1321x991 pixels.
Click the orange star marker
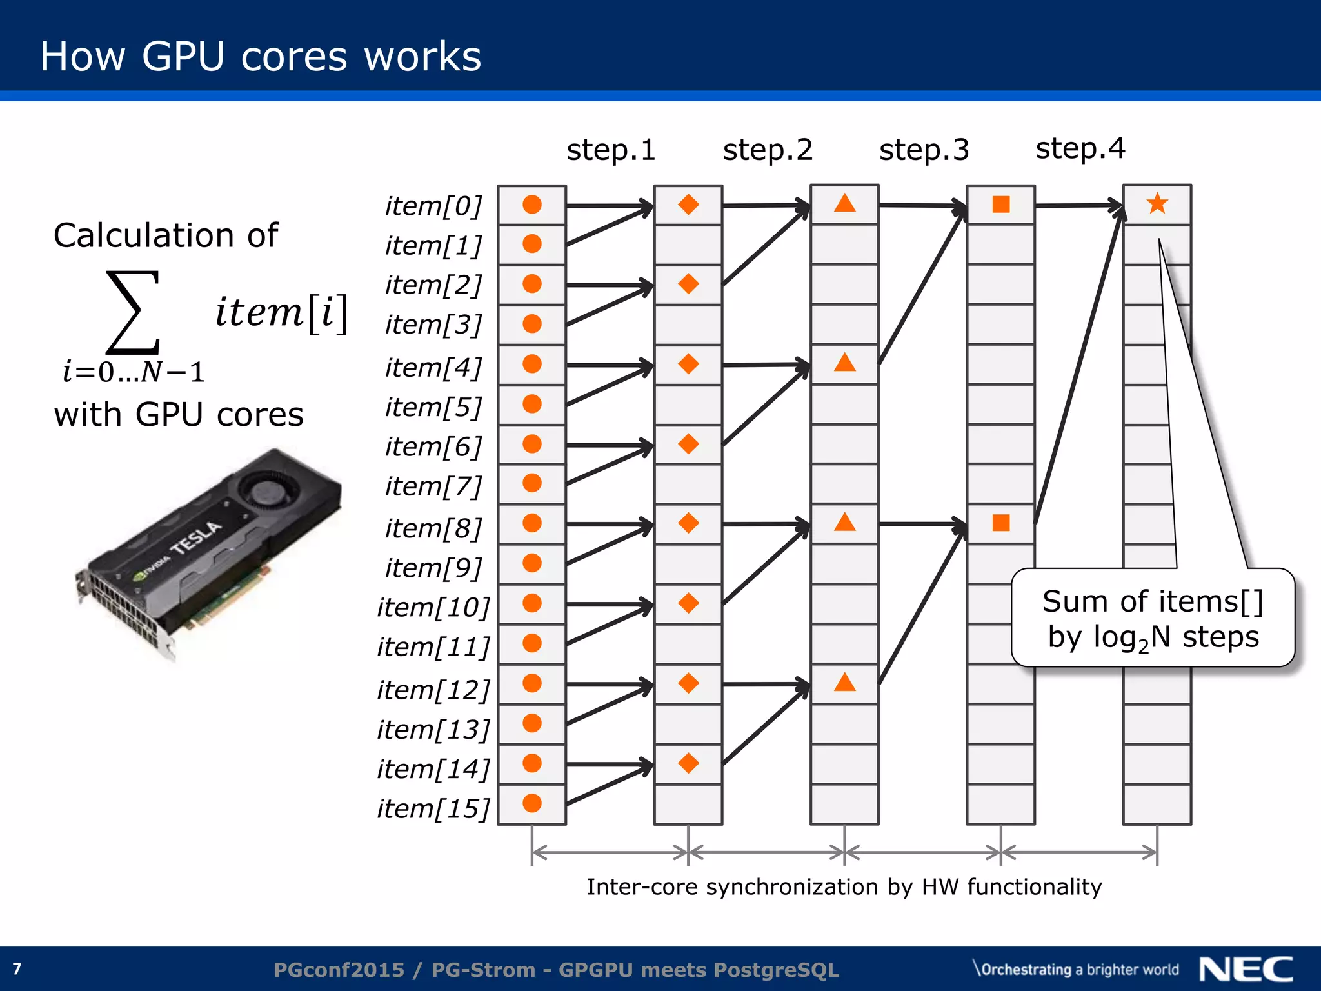1157,204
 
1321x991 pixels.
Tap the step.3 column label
924,150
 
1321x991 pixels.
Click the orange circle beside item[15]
532,803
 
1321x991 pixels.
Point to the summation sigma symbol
133,312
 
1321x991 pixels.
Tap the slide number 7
17,969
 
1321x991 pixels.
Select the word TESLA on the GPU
196,537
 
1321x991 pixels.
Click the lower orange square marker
1001,523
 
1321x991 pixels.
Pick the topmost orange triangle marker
844,204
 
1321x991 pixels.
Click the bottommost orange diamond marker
688,763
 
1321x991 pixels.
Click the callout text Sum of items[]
1153,601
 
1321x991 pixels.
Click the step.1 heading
611,150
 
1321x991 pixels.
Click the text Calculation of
166,235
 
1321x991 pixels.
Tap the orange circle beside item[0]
532,205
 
